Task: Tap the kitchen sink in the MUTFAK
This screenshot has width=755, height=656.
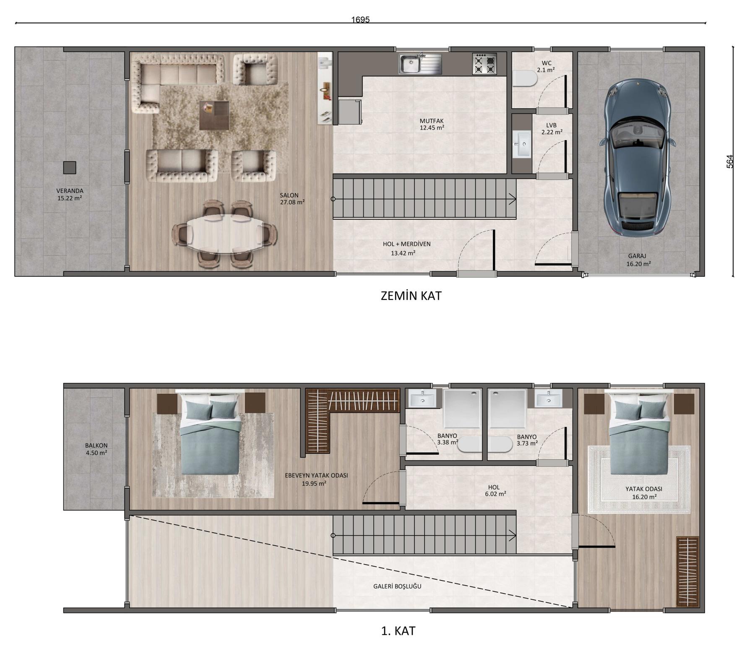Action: tap(420, 64)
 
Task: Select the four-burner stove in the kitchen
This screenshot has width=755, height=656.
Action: tap(484, 64)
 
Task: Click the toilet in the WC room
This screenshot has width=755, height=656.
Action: tap(525, 78)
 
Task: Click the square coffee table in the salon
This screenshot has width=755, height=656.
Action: tap(214, 115)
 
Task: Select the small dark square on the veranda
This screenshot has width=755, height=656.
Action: tap(70, 168)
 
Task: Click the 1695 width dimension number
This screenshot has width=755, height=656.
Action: tap(360, 20)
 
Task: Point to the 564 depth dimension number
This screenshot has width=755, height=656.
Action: tap(730, 162)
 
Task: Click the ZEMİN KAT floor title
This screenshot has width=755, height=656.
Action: tap(411, 296)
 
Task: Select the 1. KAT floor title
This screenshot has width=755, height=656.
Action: tap(398, 631)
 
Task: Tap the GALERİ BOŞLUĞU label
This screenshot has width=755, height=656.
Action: tap(397, 586)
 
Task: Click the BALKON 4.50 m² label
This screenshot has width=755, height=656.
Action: tap(96, 449)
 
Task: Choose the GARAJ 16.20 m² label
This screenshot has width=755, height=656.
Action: tap(638, 260)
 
